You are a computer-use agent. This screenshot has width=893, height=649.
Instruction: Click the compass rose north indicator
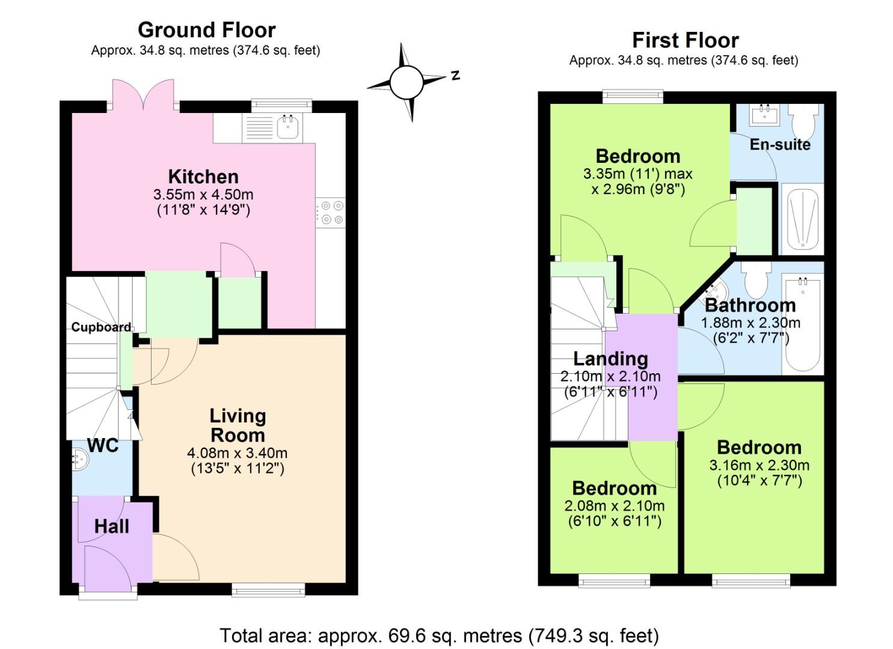tap(455, 76)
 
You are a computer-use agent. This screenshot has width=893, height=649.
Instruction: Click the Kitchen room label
tap(203, 177)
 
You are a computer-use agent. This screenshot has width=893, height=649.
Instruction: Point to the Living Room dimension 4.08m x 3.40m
tap(237, 453)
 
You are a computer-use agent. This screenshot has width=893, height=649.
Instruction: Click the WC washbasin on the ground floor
tap(79, 460)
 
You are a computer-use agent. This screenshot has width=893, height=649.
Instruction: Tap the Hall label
tap(111, 526)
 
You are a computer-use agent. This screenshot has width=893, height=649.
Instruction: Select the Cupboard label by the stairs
tap(101, 327)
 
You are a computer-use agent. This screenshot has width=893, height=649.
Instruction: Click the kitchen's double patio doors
tap(143, 95)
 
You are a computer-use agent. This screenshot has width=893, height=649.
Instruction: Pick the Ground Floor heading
tap(206, 29)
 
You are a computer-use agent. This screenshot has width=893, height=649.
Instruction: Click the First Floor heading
tap(685, 40)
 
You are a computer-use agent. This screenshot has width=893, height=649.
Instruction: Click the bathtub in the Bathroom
tap(802, 324)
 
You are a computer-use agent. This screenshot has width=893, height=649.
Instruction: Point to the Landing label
tap(610, 359)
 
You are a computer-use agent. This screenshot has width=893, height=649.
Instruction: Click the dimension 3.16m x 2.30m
tap(759, 465)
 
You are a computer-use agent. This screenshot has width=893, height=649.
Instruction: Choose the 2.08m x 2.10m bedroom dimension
tap(614, 505)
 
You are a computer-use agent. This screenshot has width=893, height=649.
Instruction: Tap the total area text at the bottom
tap(439, 635)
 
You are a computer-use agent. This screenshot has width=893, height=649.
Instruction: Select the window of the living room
tap(268, 590)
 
